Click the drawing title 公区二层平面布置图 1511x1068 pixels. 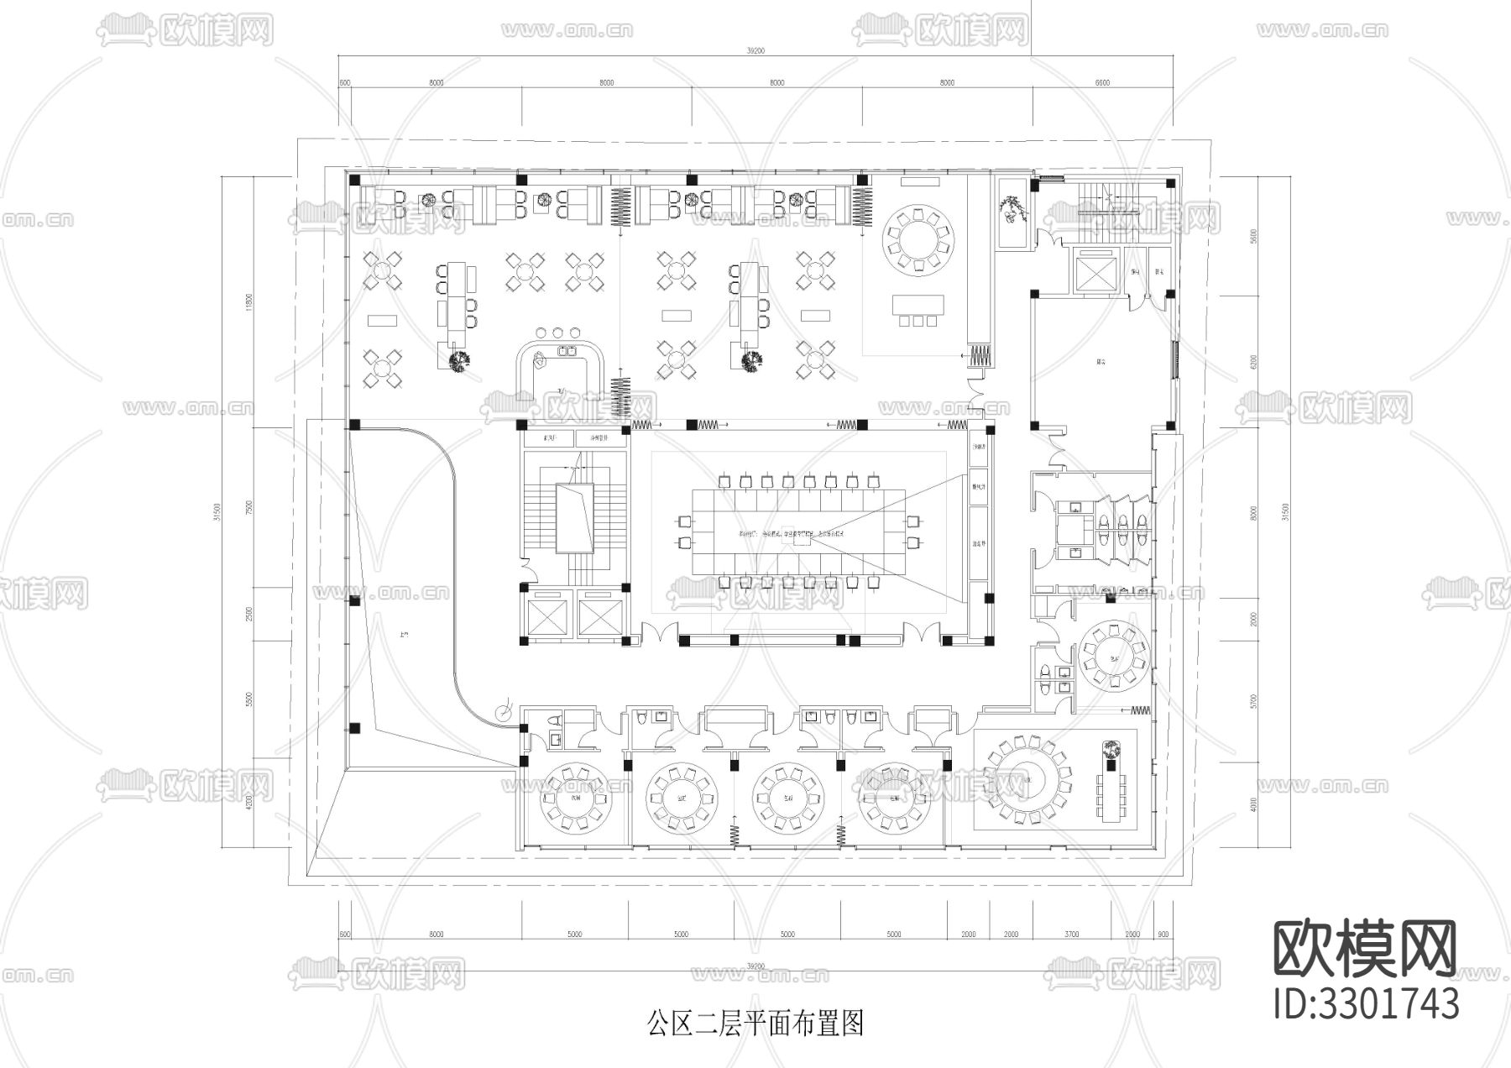point(755,1023)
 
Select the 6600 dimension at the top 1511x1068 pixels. point(1101,82)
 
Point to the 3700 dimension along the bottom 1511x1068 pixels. point(1072,934)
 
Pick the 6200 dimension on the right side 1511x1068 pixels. point(1253,361)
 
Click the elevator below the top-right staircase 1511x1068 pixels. point(1095,271)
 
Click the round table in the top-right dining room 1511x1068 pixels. point(919,235)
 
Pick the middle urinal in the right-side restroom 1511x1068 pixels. point(1123,527)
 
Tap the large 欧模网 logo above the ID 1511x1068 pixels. point(1365,949)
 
